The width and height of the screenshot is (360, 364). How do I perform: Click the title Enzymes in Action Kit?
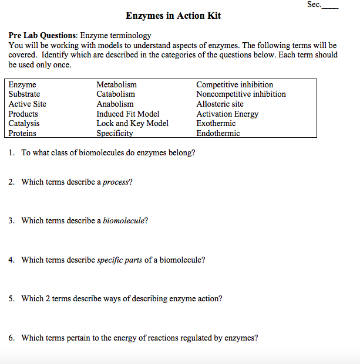coord(173,16)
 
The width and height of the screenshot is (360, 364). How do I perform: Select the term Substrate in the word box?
coord(25,94)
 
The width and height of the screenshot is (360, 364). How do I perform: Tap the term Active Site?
coord(28,104)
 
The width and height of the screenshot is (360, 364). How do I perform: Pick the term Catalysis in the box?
coord(24,124)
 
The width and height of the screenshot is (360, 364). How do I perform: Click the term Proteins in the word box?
coord(22,133)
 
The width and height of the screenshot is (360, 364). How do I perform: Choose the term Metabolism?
coord(116,85)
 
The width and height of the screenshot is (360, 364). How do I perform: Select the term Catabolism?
coord(116,94)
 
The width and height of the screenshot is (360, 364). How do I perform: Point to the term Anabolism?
coord(115,104)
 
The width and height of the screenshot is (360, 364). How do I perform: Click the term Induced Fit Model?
coord(128,114)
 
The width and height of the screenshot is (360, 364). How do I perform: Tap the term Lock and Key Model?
coord(132,124)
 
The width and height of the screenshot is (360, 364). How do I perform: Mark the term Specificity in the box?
coord(115,133)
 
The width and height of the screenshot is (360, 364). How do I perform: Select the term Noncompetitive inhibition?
coord(241,94)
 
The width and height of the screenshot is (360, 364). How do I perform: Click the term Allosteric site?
coord(220,104)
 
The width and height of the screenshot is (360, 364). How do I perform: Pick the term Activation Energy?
coord(227,114)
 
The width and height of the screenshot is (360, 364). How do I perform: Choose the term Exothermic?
coord(216,124)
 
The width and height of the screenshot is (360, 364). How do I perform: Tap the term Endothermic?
coord(218,133)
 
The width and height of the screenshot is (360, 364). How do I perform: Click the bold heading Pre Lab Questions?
coord(43,36)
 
